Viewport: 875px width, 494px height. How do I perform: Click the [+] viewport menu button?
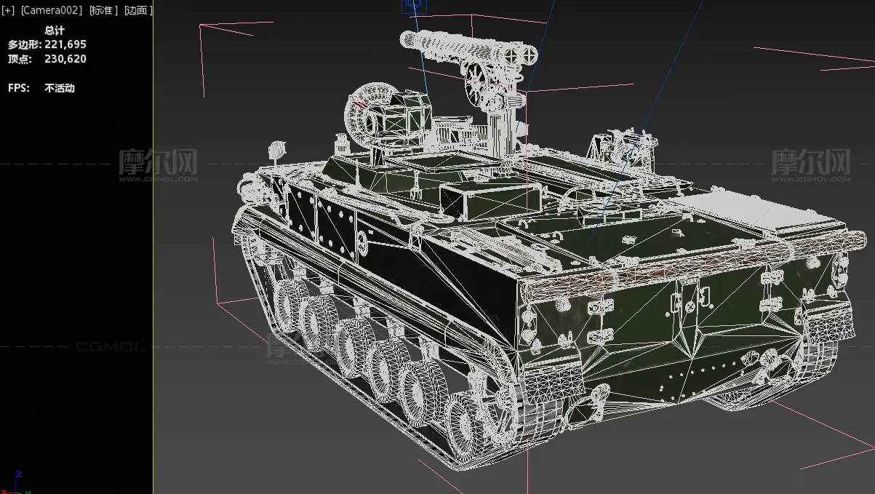[8, 10]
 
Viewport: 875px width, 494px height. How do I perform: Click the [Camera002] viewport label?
[52, 10]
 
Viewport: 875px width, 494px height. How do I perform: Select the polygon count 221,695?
[65, 44]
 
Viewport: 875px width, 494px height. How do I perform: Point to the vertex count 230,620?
[65, 59]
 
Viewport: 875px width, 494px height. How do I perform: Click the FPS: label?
[19, 88]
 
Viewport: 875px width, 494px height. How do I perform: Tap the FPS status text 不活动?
[60, 88]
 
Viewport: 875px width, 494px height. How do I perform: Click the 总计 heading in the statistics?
[55, 30]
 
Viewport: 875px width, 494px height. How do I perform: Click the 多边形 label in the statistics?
[24, 44]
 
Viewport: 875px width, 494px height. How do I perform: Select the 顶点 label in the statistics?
[20, 59]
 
